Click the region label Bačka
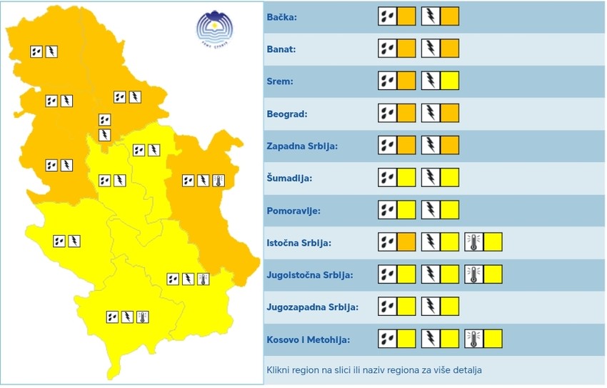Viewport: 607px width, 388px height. point(282,17)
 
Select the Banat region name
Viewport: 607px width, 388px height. point(282,49)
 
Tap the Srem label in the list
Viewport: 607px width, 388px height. point(280,81)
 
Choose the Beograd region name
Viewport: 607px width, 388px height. point(287,114)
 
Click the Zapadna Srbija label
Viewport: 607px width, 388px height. point(301,146)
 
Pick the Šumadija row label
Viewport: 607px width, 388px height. point(289,178)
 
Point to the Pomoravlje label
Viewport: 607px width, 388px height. point(294,211)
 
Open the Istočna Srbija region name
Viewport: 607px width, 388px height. point(299,243)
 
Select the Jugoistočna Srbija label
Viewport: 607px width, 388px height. point(309,275)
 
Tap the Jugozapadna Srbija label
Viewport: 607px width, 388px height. point(312,307)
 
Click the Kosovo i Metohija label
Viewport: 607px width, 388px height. point(308,340)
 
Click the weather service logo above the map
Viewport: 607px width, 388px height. point(215,31)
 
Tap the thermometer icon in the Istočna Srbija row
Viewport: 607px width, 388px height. point(473,242)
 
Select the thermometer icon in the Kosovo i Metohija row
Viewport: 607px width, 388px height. point(473,339)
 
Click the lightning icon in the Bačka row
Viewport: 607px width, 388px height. point(431,16)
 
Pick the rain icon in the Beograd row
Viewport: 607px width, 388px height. point(387,114)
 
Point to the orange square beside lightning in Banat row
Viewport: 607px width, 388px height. point(450,49)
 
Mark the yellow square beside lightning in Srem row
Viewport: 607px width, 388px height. point(450,81)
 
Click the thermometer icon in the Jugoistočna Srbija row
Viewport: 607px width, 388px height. point(473,274)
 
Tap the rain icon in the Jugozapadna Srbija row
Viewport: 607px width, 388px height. point(387,307)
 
